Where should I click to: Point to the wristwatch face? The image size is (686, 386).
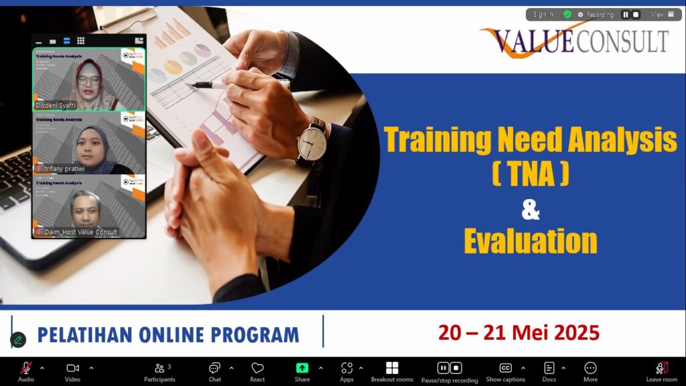click(312, 143)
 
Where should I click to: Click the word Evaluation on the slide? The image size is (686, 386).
click(530, 241)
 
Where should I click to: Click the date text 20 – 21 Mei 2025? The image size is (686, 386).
click(519, 332)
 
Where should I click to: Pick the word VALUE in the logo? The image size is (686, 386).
click(532, 42)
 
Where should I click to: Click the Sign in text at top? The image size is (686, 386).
click(543, 14)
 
